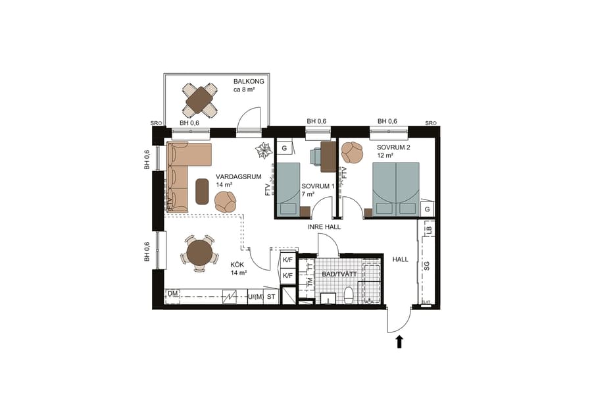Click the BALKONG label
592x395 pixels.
click(249, 81)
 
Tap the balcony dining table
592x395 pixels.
click(199, 100)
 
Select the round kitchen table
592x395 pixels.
click(199, 253)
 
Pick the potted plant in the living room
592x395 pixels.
click(263, 151)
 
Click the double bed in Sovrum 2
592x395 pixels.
click(395, 188)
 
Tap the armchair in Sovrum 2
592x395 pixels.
click(353, 153)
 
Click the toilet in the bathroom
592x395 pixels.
click(349, 294)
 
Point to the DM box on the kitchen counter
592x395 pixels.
click(172, 294)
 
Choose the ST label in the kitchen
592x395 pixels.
click(270, 297)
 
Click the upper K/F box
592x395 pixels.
click(287, 260)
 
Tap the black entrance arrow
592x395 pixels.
click(399, 341)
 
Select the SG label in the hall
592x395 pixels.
click(426, 267)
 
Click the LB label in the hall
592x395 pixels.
click(428, 230)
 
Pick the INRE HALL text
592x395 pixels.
click(324, 227)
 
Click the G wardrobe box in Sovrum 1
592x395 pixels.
click(284, 149)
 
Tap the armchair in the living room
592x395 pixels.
click(226, 201)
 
